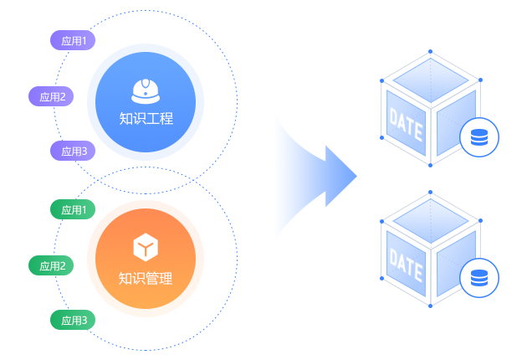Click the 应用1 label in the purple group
point(74,40)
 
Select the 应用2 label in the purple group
point(53,96)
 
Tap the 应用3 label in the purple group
point(74,152)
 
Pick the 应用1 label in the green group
point(74,209)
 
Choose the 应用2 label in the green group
point(53,266)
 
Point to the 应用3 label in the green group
point(74,320)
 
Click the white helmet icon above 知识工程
point(146,90)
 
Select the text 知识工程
point(146,119)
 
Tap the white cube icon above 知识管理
point(146,248)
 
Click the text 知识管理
point(146,278)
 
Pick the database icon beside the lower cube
point(479,275)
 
